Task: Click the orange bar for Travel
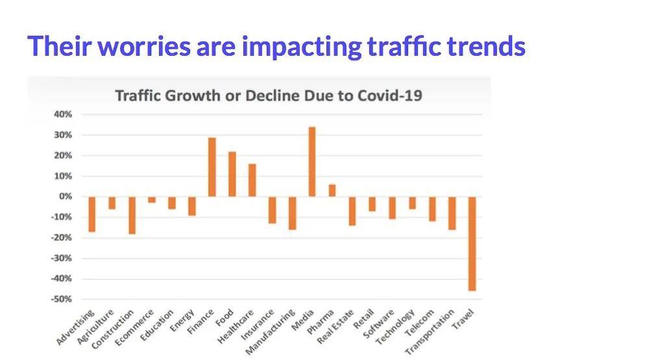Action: [472, 243]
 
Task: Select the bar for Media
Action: [312, 162]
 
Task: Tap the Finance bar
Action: [212, 167]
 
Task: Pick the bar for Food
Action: [232, 174]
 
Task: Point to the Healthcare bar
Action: [252, 180]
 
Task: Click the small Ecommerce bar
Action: [152, 200]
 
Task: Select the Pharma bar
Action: [332, 190]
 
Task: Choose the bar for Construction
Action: [132, 215]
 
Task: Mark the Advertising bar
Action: [92, 214]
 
